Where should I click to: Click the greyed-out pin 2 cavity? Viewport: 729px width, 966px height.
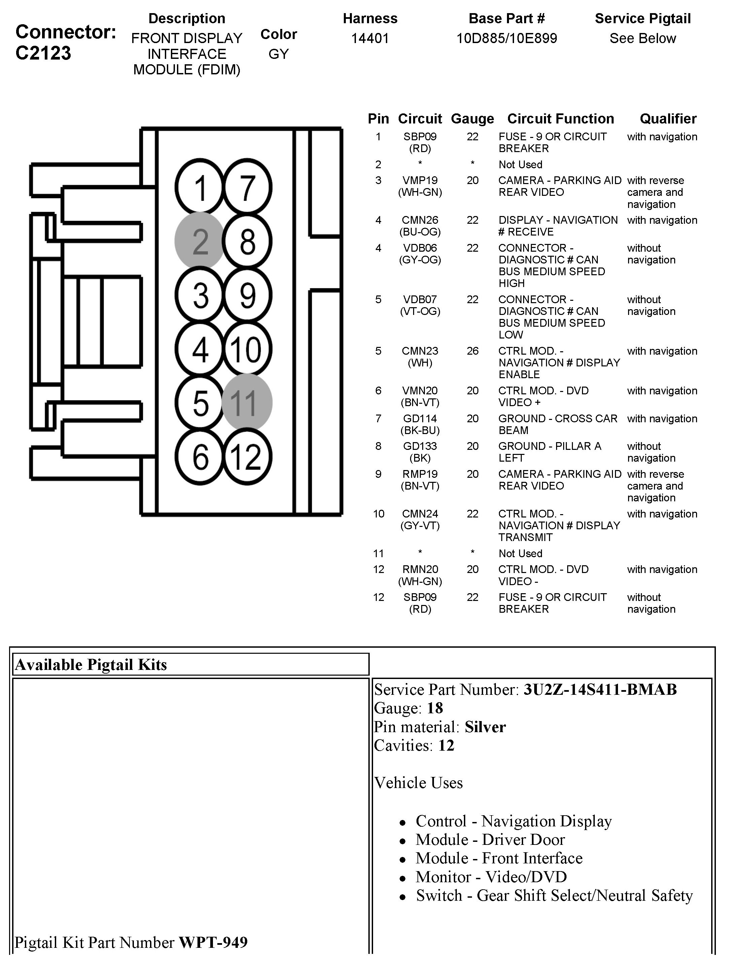(200, 241)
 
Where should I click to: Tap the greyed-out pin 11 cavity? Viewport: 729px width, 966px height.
(247, 402)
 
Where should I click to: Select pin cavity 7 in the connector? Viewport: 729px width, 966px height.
(247, 188)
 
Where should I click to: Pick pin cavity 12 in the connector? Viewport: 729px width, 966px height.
(247, 457)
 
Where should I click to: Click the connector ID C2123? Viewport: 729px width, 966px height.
(43, 53)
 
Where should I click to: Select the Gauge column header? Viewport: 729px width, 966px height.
(472, 119)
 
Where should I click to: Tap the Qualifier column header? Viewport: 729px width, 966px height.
(668, 119)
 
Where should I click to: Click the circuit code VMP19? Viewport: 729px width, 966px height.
(420, 180)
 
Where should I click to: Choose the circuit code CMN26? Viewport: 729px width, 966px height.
(420, 220)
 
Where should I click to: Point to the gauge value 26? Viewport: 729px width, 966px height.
(472, 351)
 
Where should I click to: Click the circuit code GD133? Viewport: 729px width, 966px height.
(420, 446)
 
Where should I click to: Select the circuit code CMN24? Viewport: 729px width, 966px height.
(420, 514)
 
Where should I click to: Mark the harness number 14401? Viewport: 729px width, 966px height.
(370, 38)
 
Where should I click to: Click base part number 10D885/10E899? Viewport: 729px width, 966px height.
(506, 38)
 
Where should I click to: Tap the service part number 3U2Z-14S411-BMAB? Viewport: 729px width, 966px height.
(600, 689)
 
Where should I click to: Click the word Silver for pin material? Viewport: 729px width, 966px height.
(485, 727)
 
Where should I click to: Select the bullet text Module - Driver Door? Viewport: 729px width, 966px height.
(490, 840)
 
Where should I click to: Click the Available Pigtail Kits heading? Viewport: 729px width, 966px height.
(91, 665)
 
